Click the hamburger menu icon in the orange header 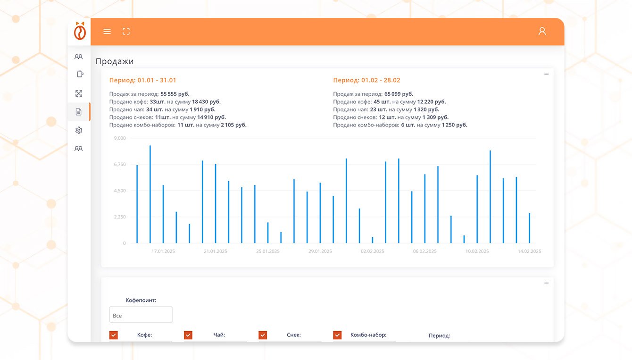click(x=107, y=32)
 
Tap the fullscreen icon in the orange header click(x=126, y=32)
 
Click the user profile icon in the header click(x=542, y=32)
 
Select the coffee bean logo click(x=80, y=31)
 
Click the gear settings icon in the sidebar click(x=79, y=130)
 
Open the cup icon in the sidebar click(x=79, y=74)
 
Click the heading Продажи click(x=115, y=61)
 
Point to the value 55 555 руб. click(x=175, y=94)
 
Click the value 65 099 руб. click(x=399, y=94)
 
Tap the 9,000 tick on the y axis click(x=120, y=138)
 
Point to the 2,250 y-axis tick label click(x=120, y=217)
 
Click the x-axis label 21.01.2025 click(x=216, y=251)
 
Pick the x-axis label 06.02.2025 click(x=425, y=251)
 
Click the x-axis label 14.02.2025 click(x=529, y=251)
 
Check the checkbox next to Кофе click(x=114, y=335)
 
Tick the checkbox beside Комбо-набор click(x=337, y=335)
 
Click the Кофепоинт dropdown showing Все click(x=141, y=315)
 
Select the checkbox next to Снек click(x=263, y=335)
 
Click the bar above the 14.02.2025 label click(x=529, y=228)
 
